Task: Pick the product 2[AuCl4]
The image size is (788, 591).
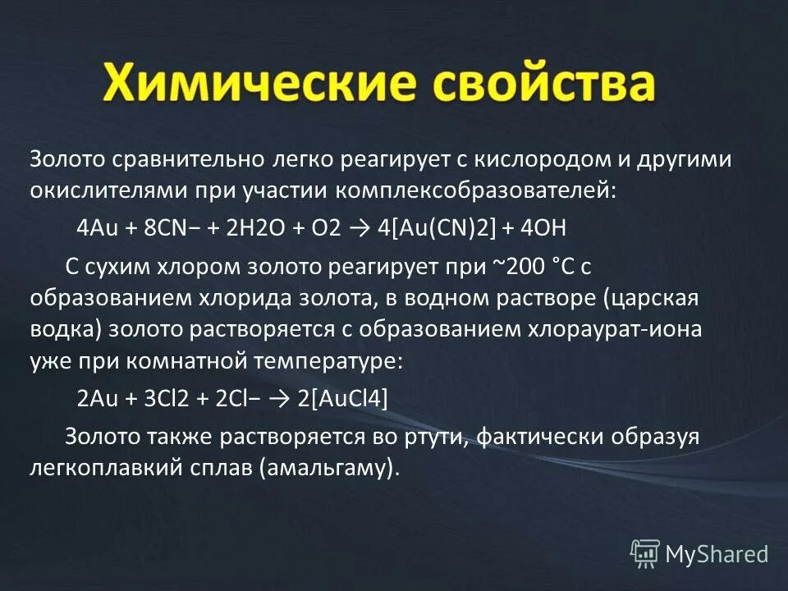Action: coord(342,398)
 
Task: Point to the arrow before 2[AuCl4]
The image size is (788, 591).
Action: coord(277,398)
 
